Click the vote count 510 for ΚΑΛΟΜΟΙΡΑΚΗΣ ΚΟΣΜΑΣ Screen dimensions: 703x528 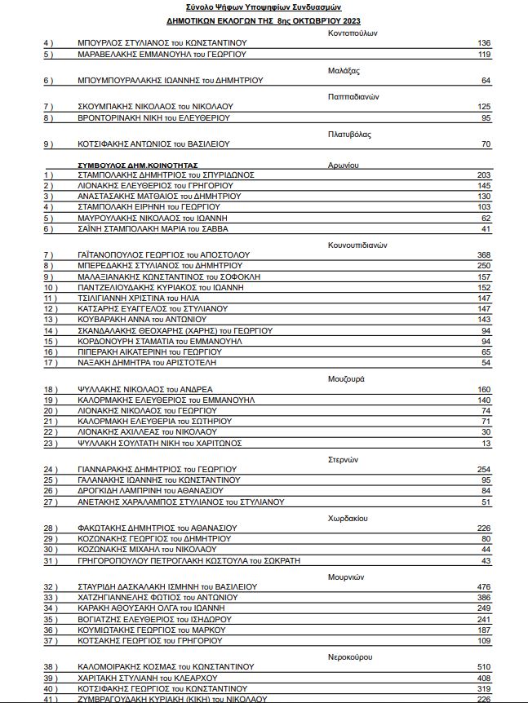tap(483, 666)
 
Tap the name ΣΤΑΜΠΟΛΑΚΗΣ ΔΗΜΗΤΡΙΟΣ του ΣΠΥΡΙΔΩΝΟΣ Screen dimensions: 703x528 tap(166, 175)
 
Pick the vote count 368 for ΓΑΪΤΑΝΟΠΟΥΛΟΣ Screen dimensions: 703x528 tap(483, 255)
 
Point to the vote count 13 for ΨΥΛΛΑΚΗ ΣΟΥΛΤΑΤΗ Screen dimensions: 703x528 tap(486, 443)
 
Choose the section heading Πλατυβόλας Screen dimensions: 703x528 tap(350, 134)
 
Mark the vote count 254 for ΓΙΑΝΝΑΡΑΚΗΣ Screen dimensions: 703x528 tap(483, 469)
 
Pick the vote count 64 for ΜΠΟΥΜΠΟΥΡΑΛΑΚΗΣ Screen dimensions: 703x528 tap(486, 81)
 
